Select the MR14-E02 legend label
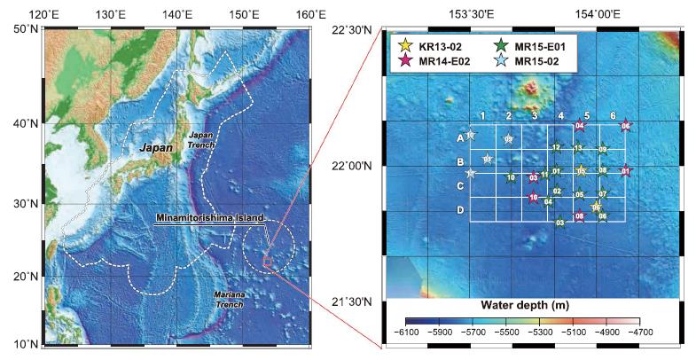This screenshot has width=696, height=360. (445, 60)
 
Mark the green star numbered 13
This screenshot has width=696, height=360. (578, 148)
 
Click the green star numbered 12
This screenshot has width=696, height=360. (556, 147)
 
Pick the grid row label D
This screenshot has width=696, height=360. (459, 210)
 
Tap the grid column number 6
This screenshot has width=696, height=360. (613, 116)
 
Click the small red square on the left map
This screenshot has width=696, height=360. (265, 260)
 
